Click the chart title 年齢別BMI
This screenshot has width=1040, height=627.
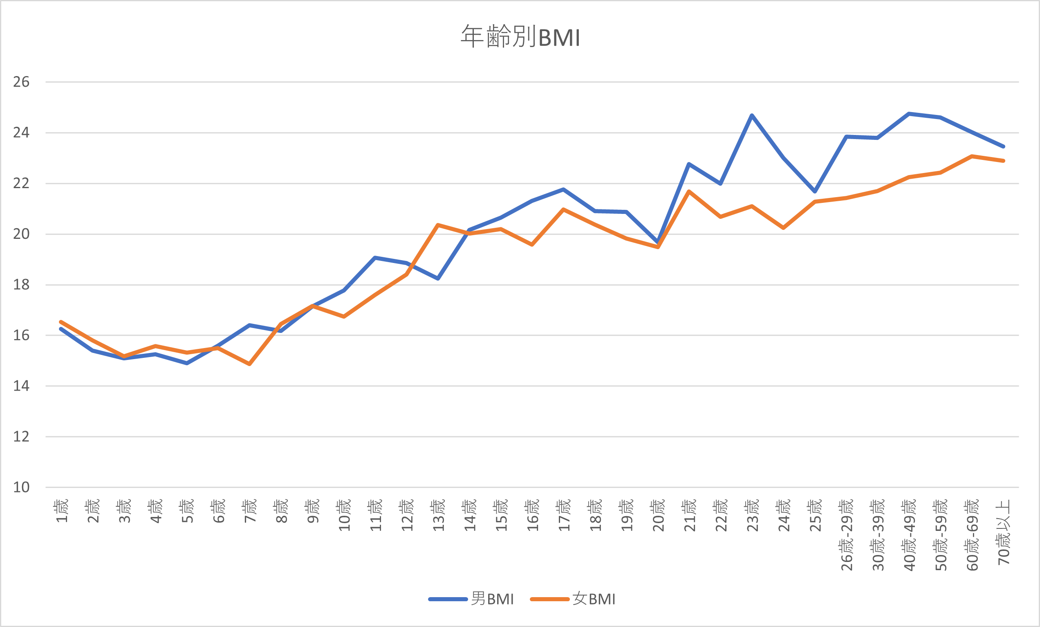[x=520, y=37]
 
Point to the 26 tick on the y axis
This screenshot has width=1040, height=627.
[x=21, y=82]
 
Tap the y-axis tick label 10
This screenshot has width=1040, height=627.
[x=21, y=487]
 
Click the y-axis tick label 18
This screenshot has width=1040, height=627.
[x=21, y=285]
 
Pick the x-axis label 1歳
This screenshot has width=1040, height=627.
[x=62, y=511]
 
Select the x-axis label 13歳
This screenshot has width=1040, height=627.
[x=439, y=515]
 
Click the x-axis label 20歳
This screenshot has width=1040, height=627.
[x=659, y=515]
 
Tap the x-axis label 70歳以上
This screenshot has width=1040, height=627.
[x=1004, y=532]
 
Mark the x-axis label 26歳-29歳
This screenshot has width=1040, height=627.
[x=847, y=535]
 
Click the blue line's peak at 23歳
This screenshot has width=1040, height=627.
[x=752, y=115]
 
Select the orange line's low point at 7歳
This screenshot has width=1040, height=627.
[x=249, y=364]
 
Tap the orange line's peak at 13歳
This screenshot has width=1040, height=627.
[x=438, y=225]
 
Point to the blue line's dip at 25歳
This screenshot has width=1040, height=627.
[x=815, y=192]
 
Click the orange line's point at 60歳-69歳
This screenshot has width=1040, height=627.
[x=972, y=156]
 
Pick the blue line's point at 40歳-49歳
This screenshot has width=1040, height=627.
[x=909, y=114]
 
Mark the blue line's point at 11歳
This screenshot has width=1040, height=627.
[x=375, y=258]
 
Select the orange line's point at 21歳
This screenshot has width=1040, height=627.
[x=689, y=191]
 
